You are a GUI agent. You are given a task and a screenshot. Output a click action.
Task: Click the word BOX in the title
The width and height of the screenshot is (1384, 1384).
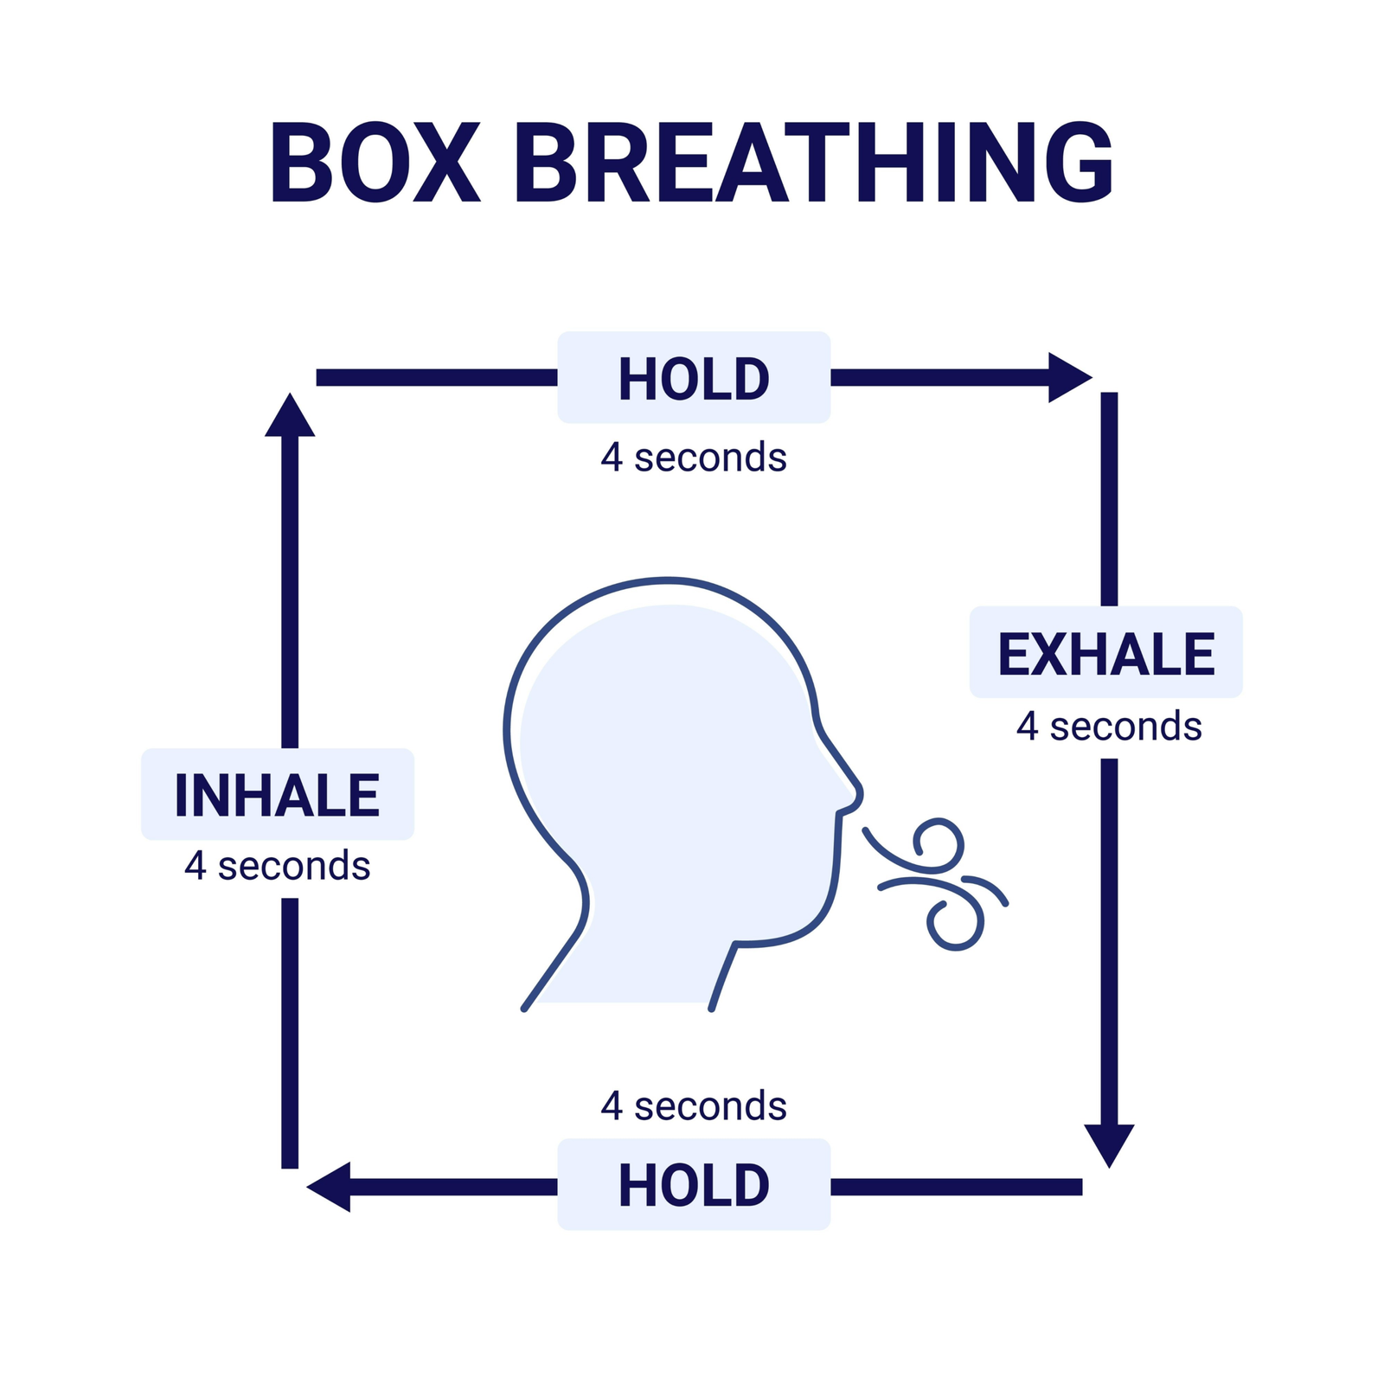375,163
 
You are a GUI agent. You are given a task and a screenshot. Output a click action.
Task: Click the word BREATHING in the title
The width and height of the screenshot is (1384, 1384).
814,163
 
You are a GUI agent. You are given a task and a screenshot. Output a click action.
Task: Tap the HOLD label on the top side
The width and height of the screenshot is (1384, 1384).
694,379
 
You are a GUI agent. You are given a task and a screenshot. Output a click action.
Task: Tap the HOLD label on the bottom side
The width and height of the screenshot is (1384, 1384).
694,1185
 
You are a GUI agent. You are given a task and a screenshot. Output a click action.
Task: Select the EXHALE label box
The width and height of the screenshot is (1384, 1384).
1105,653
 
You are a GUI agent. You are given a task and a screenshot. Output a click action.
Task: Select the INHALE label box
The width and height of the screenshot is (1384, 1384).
277,795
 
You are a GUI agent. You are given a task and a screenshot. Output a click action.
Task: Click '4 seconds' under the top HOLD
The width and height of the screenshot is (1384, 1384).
694,458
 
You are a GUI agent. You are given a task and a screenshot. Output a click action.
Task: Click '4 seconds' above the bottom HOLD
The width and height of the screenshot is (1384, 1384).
694,1106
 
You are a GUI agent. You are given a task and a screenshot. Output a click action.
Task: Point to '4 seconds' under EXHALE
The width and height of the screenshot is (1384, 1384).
1109,727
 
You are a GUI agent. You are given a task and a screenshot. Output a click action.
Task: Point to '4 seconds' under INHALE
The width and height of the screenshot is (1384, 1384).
277,866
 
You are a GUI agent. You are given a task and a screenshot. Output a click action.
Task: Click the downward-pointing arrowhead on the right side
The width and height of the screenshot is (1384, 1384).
1109,1144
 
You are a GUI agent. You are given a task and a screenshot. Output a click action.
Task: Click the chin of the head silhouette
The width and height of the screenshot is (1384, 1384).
804,926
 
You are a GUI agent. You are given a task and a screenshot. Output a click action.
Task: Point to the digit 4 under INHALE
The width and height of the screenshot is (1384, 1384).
195,866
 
